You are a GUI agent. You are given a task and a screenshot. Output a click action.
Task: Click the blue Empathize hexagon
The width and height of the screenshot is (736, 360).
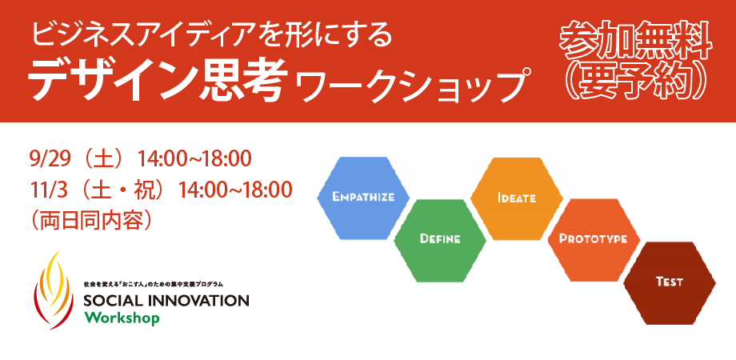[363, 198]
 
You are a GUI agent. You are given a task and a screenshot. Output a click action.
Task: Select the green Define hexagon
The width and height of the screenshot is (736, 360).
[440, 240]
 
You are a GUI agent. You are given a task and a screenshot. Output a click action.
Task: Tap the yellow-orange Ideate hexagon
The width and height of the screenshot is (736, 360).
[516, 198]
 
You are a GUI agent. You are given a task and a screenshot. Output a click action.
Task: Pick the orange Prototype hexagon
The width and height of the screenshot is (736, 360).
[594, 240]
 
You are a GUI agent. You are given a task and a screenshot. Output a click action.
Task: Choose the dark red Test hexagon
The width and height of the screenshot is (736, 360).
[670, 283]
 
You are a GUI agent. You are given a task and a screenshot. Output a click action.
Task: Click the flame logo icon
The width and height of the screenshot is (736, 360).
[53, 290]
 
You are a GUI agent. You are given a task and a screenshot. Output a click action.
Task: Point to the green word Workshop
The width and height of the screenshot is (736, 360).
[122, 318]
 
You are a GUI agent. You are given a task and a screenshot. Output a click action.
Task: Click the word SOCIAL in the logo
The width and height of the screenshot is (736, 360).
[110, 300]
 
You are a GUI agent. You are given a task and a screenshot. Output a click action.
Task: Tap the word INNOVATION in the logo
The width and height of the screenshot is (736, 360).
[194, 300]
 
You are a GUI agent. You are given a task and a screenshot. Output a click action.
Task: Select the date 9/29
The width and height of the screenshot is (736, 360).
[50, 159]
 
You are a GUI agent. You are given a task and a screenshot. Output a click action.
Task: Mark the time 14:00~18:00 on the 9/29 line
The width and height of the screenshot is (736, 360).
[194, 159]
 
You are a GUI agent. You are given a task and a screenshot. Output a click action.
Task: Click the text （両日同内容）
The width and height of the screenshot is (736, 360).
[91, 220]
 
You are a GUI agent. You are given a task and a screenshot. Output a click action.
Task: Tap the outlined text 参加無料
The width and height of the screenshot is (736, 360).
[635, 44]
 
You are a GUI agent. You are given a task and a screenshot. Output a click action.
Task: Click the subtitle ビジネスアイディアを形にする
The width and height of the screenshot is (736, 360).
[211, 36]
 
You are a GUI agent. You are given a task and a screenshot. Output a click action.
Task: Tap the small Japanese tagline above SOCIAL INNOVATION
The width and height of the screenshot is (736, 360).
[153, 285]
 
